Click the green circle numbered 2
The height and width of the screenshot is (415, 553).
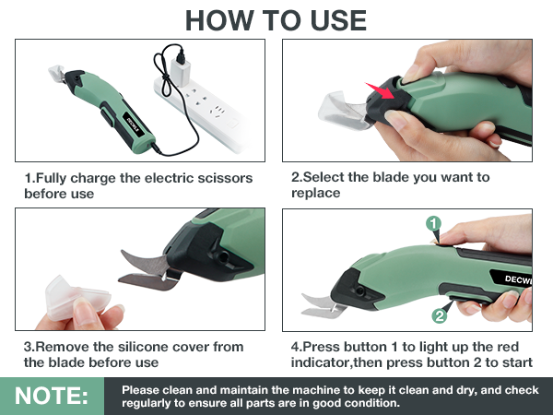441,315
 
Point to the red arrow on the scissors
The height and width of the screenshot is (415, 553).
380,93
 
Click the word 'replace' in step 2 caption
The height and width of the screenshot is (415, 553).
315,194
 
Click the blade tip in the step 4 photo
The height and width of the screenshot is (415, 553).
308,297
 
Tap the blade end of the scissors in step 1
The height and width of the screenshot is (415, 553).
56,75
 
